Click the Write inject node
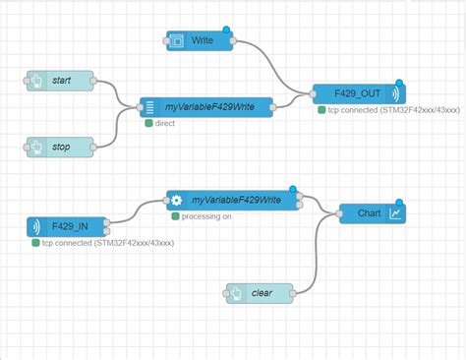tap(200, 40)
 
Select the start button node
tap(58, 80)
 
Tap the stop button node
tap(58, 147)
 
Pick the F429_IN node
tap(67, 226)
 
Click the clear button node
tap(260, 292)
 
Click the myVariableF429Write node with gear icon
tap(234, 200)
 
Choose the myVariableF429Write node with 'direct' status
tap(204, 106)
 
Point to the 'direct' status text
tap(164, 124)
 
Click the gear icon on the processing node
tap(177, 200)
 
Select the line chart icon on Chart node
tap(395, 212)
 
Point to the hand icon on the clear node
tap(236, 292)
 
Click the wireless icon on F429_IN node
tap(36, 226)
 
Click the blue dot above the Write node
tap(227, 30)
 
